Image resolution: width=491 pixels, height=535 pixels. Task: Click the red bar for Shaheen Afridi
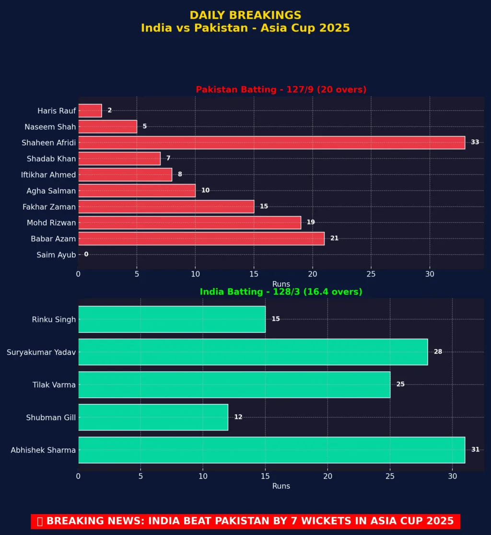[x=271, y=142]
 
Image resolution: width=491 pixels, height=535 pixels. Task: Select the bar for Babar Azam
[x=201, y=239]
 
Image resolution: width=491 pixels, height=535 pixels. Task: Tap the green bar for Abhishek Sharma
[x=271, y=450]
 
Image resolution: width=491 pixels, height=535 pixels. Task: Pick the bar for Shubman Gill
[x=153, y=417]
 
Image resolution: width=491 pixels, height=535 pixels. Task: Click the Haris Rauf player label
[x=57, y=111]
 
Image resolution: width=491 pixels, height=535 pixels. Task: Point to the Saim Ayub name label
[x=56, y=255]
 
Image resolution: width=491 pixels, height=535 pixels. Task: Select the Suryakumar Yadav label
[x=41, y=352]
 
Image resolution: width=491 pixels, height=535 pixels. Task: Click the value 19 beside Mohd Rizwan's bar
[x=311, y=222]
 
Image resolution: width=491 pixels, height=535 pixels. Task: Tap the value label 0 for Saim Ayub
[x=86, y=254]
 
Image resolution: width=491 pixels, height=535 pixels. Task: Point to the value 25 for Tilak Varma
[x=400, y=384]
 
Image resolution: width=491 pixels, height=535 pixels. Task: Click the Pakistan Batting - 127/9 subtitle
[x=281, y=90]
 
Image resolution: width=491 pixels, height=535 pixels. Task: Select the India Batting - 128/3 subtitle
[x=281, y=292]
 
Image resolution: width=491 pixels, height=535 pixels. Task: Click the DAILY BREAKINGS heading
[x=245, y=15]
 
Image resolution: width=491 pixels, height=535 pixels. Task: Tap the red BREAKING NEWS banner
[x=245, y=521]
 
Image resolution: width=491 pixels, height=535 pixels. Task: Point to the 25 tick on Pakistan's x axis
[x=371, y=274]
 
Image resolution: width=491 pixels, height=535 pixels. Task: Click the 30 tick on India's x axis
[x=452, y=476]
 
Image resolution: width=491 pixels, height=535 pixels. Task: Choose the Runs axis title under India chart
[x=281, y=486]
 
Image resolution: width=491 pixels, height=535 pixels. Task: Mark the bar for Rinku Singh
[x=172, y=319]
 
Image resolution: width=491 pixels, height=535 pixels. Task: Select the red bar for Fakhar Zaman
[x=166, y=206]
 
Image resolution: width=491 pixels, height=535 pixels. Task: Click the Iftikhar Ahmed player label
[x=48, y=175]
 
